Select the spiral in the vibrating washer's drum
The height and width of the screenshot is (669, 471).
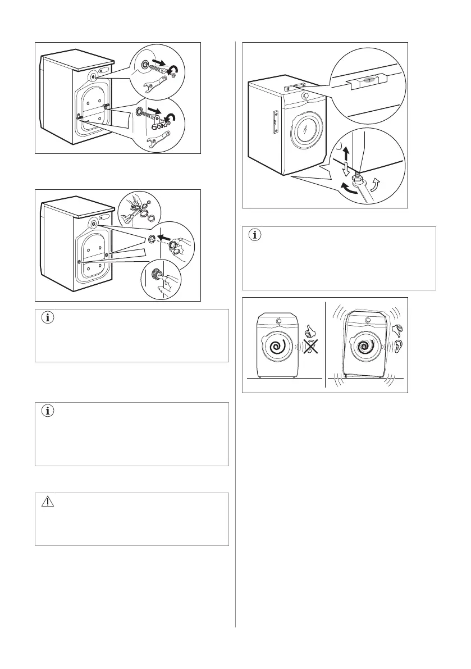click(367, 347)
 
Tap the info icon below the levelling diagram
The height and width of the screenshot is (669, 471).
click(255, 235)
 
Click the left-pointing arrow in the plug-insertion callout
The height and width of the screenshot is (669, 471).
click(166, 238)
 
